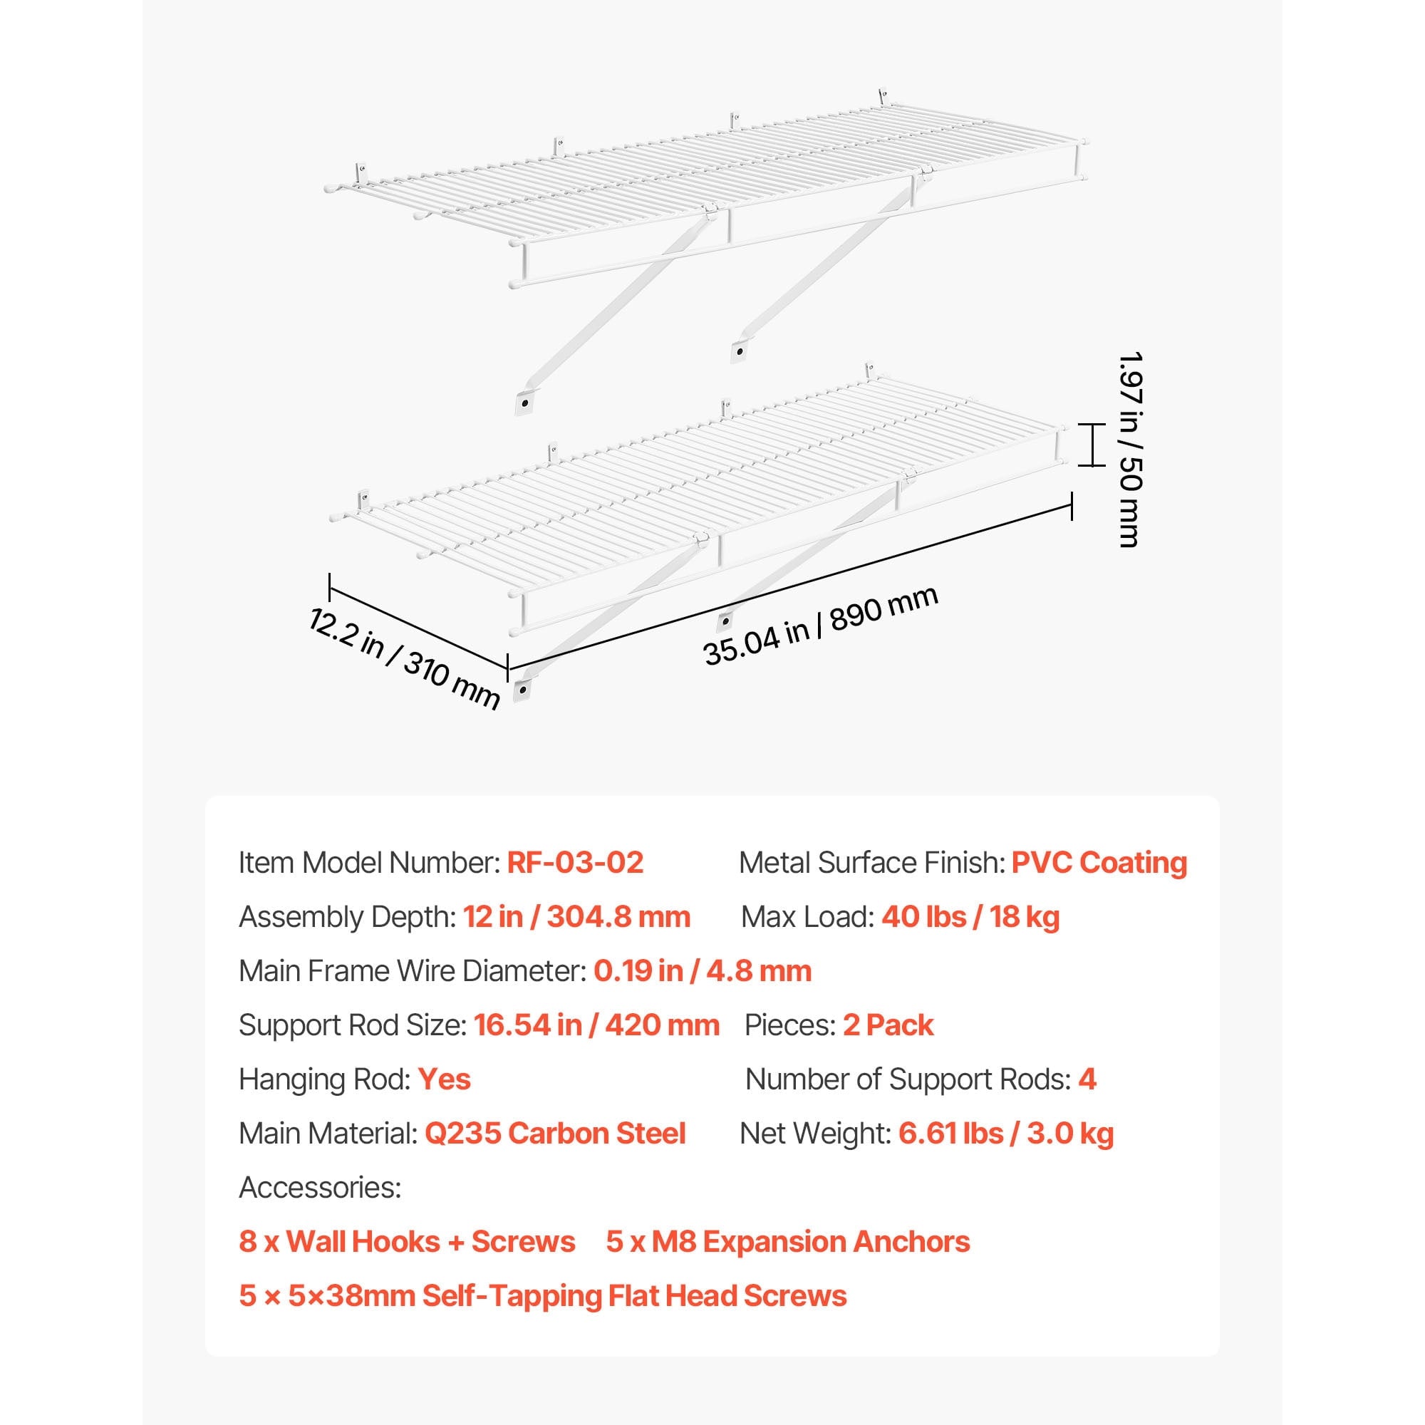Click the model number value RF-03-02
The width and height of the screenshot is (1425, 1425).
pyautogui.click(x=575, y=862)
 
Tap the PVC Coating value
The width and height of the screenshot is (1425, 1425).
pyautogui.click(x=1099, y=862)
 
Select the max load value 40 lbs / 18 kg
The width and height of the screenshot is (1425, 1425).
pyautogui.click(x=970, y=917)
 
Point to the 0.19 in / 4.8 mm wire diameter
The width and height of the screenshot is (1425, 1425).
pyautogui.click(x=703, y=970)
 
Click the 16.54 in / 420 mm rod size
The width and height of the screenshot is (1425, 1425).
pyautogui.click(x=596, y=1025)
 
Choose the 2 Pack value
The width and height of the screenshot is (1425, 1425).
pyautogui.click(x=888, y=1025)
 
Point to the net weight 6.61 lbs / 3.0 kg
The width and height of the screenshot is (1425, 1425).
pyautogui.click(x=1006, y=1134)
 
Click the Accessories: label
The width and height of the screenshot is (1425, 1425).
pyautogui.click(x=320, y=1188)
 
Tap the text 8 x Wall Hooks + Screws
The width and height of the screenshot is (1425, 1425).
pyautogui.click(x=407, y=1242)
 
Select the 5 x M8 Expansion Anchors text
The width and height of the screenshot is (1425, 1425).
pyautogui.click(x=788, y=1242)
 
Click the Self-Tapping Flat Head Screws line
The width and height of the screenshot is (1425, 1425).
pyautogui.click(x=543, y=1296)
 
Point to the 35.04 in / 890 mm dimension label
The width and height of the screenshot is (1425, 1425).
pyautogui.click(x=821, y=626)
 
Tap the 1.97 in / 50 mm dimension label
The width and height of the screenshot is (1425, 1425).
pyautogui.click(x=1129, y=449)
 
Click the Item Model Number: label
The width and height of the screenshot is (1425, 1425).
pyautogui.click(x=369, y=862)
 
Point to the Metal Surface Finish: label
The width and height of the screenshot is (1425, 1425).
pyautogui.click(x=872, y=862)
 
